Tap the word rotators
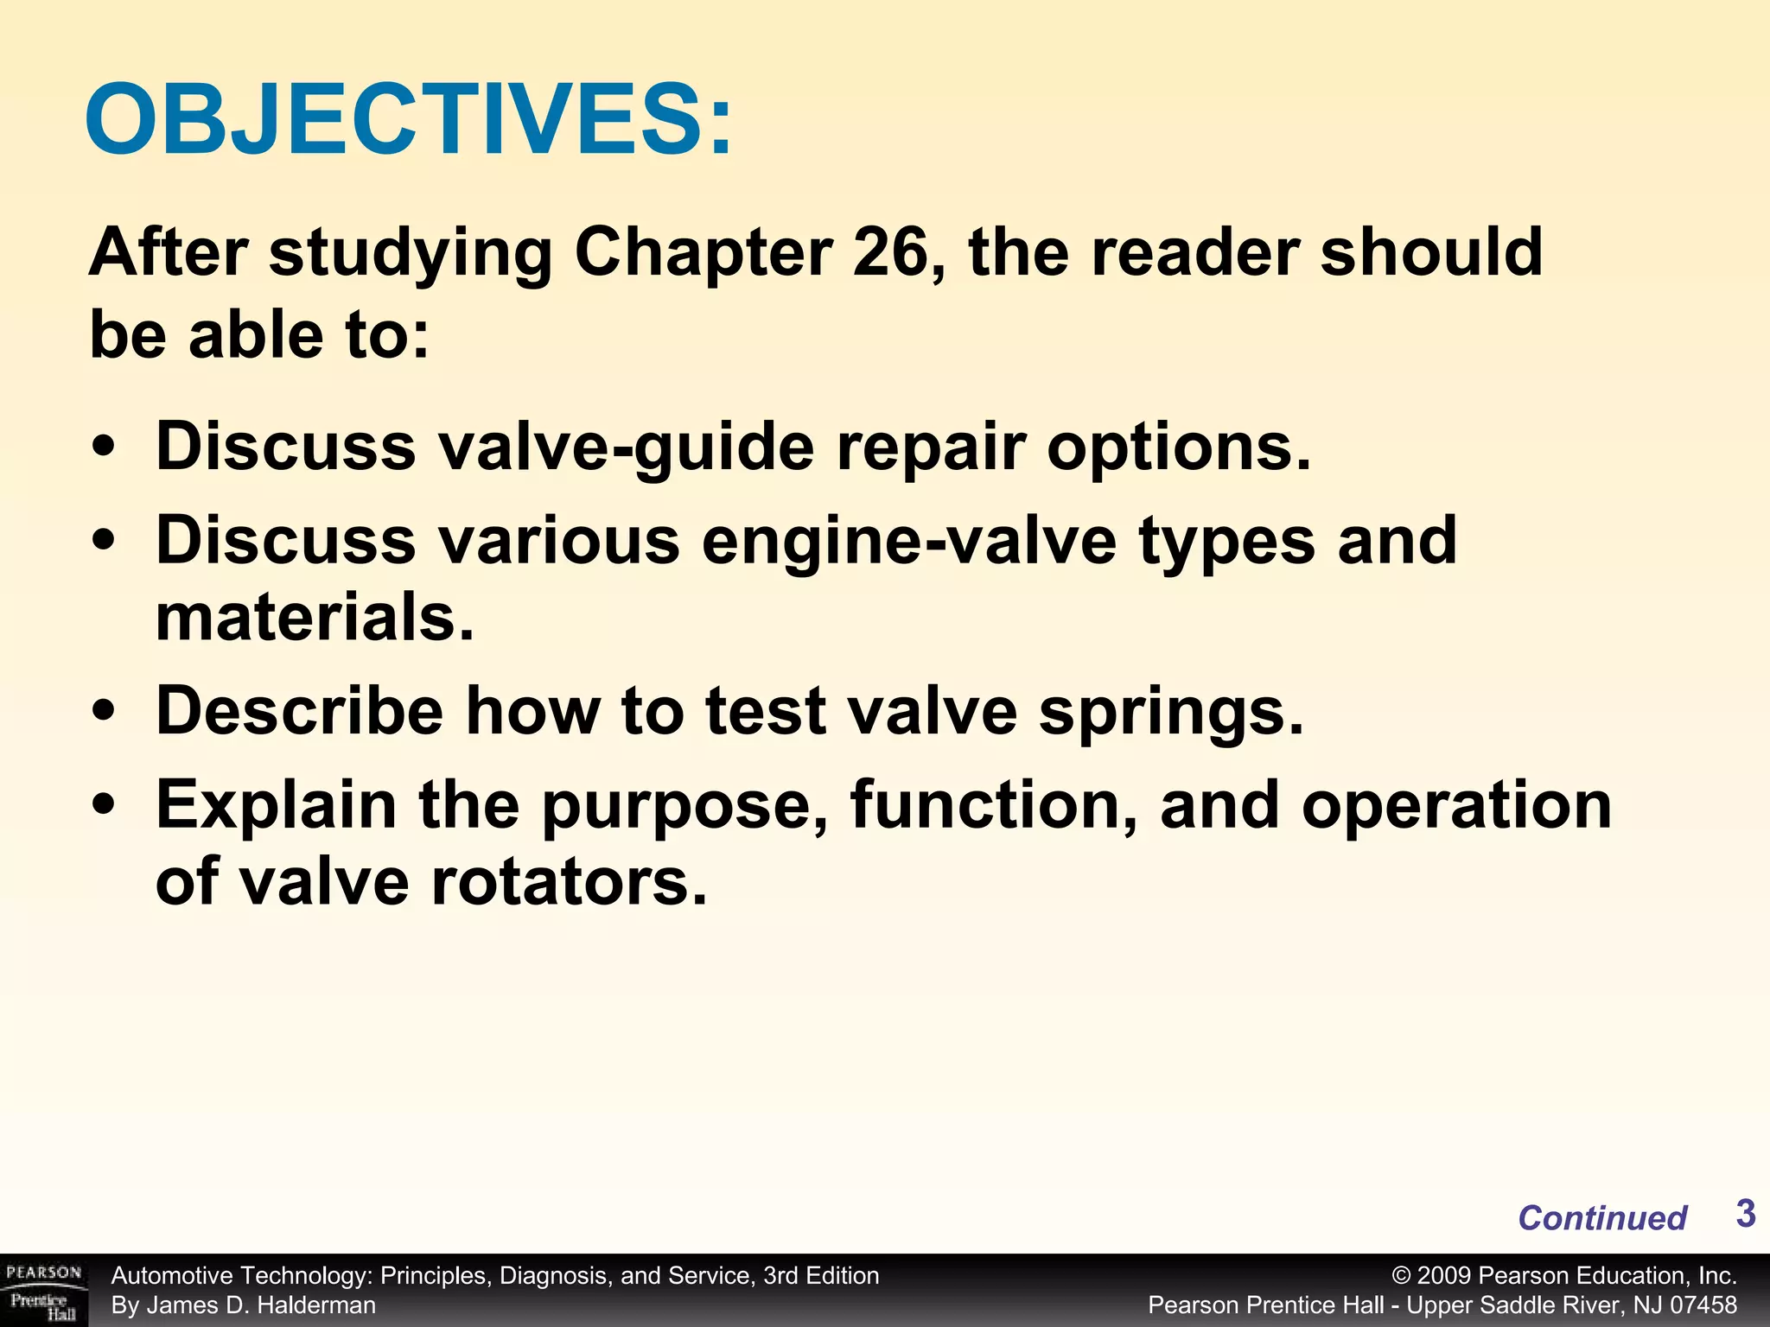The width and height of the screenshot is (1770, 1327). click(x=569, y=883)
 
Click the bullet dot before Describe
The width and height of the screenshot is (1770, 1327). click(x=104, y=712)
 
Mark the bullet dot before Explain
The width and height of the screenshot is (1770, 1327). click(x=104, y=805)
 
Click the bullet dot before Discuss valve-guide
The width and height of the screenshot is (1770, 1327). click(x=104, y=448)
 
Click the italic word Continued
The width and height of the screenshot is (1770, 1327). click(x=1601, y=1218)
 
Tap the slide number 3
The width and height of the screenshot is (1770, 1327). click(x=1745, y=1214)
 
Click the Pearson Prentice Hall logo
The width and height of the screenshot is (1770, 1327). click(x=43, y=1291)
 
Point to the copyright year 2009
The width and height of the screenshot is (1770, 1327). click(x=1443, y=1276)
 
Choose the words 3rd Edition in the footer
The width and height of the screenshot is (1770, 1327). click(x=821, y=1276)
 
